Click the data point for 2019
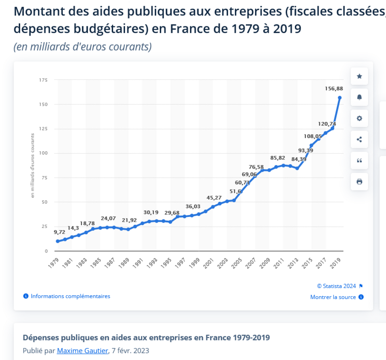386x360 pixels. coord(339,97)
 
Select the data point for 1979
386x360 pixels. coord(58,241)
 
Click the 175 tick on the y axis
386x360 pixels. coord(44,80)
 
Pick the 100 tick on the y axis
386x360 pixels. coord(44,153)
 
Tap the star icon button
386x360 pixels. coord(359,76)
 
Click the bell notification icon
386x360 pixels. coord(359,97)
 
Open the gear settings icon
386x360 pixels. coord(359,119)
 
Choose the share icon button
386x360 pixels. coord(359,140)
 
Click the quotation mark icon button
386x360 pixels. coord(359,161)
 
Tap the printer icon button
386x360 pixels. coord(359,182)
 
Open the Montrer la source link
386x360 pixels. coord(333,297)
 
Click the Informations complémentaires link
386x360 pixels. coord(70,296)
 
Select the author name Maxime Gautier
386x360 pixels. coord(82,350)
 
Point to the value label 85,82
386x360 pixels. coord(278,158)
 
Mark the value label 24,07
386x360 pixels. coord(108,218)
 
